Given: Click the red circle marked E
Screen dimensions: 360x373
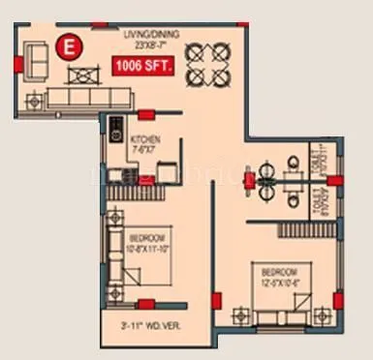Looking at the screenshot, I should point(69,45).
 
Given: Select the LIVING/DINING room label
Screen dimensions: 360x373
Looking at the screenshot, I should point(145,34).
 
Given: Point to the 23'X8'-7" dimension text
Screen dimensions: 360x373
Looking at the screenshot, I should point(145,45).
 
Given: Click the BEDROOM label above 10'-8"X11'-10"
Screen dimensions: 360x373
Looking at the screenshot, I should point(147,238).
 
